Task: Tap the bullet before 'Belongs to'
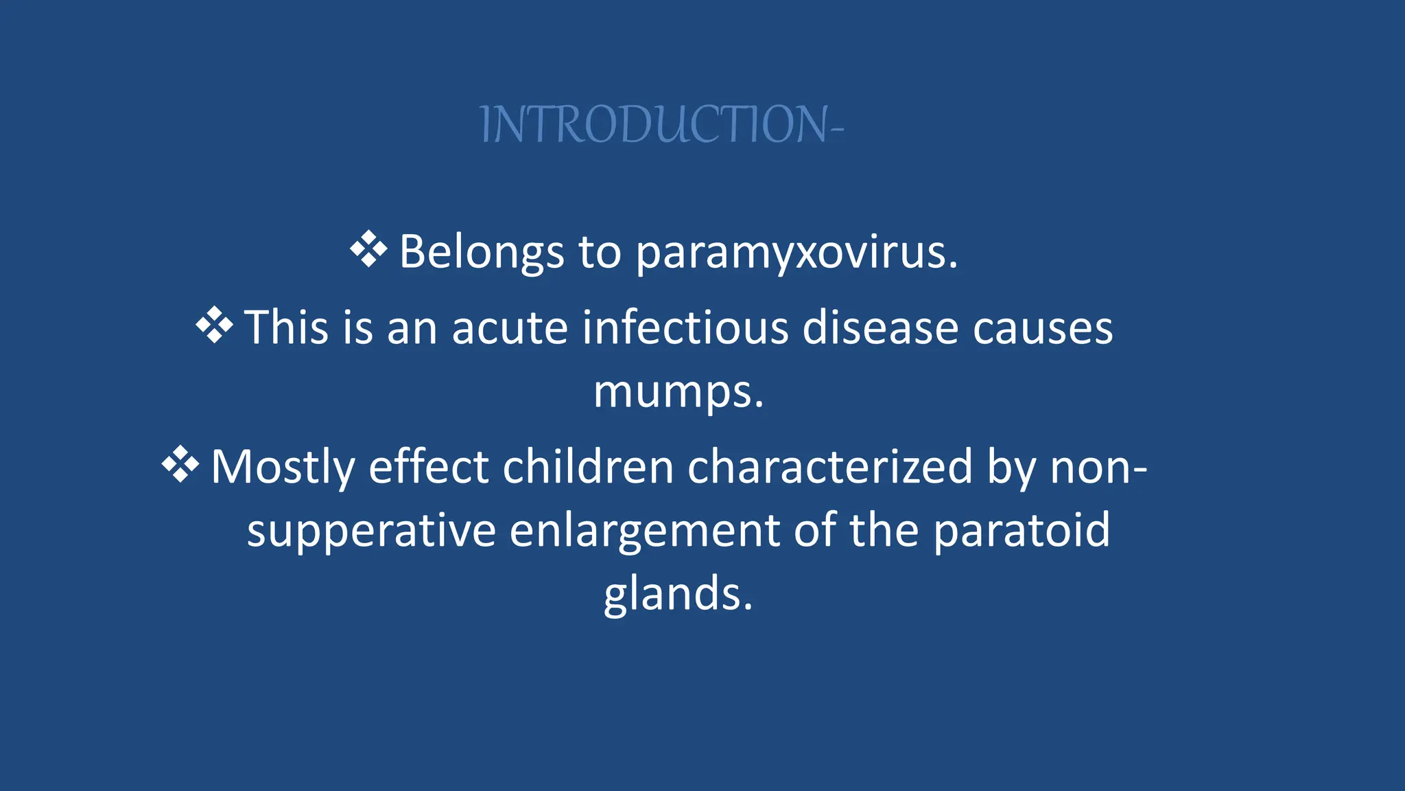tap(368, 249)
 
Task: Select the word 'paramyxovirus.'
tap(796, 253)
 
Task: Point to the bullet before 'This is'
tap(214, 325)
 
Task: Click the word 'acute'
tap(510, 328)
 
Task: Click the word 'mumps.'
tap(678, 393)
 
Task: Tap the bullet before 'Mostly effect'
tap(180, 465)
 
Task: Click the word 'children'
tap(588, 467)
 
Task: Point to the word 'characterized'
tap(830, 467)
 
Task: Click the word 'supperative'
tap(371, 531)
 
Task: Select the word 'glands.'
tap(678, 594)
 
